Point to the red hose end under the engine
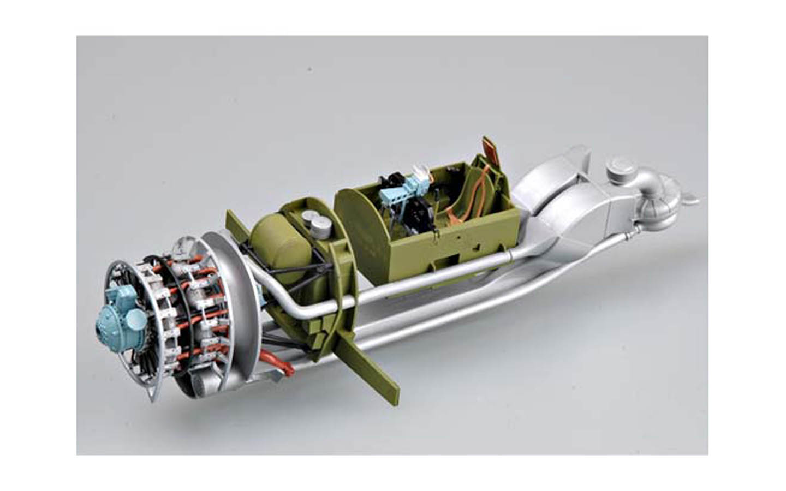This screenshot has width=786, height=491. click(x=276, y=363)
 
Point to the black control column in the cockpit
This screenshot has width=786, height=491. click(x=420, y=210)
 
